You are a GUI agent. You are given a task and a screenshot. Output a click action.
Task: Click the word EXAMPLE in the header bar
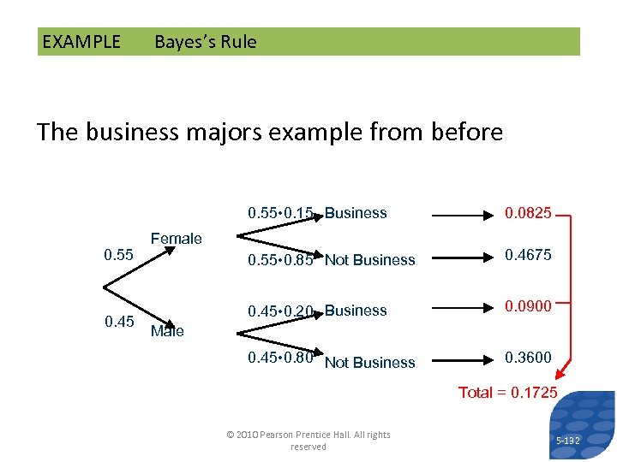pos(81,42)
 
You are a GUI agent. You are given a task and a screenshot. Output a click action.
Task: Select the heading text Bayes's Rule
pos(205,42)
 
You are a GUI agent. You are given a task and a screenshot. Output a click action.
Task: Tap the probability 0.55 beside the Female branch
pos(118,255)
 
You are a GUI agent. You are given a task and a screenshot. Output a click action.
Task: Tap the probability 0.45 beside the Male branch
pos(118,322)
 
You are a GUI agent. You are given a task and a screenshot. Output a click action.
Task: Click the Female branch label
pos(176,239)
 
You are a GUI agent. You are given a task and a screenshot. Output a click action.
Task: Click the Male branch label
pos(167,331)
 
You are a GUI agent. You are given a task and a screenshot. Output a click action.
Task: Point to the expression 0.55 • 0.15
pos(280,213)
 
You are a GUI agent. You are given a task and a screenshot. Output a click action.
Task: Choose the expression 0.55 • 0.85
pos(280,259)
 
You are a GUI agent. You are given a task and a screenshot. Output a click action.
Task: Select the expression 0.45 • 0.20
pos(280,311)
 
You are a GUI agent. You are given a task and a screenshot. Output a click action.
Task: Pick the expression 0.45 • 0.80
pos(280,358)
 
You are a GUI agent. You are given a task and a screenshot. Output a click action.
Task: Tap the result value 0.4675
pos(528,255)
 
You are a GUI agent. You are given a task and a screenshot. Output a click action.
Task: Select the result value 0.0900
pos(528,306)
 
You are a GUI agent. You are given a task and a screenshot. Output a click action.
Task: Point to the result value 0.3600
pos(528,358)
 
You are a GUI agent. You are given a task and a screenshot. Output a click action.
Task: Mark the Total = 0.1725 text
pos(507,393)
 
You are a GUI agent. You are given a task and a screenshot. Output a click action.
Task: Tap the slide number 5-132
pos(567,441)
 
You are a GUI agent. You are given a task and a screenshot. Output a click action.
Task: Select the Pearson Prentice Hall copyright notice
pos(308,441)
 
